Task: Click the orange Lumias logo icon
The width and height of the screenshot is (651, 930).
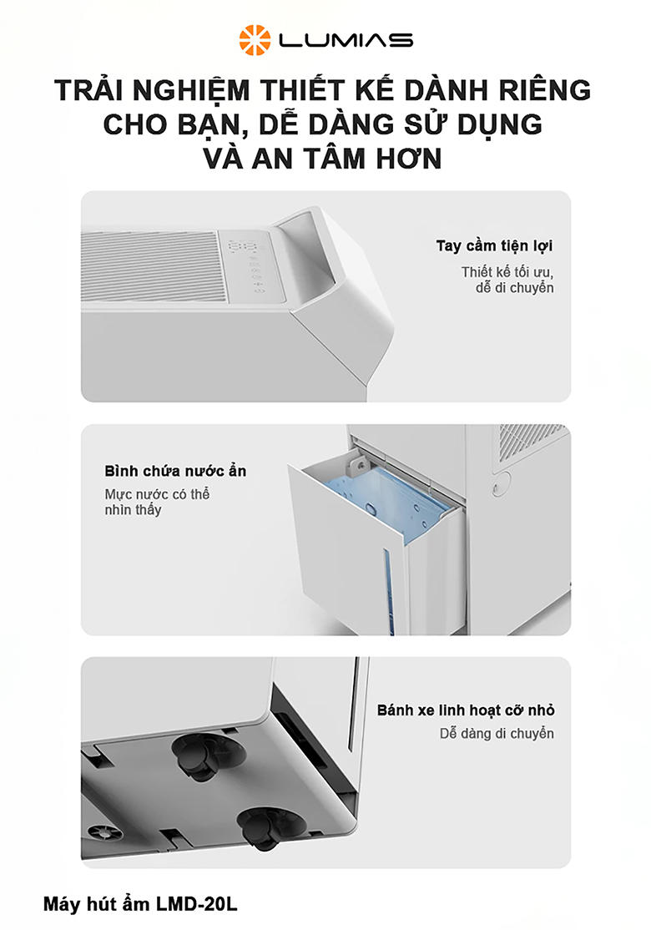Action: click(254, 39)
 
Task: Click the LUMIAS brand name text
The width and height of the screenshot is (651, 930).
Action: click(346, 40)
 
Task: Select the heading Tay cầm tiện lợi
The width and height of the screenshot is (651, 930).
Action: click(494, 245)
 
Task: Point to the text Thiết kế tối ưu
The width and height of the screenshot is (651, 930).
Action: click(507, 272)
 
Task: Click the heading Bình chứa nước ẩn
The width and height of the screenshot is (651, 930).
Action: click(175, 471)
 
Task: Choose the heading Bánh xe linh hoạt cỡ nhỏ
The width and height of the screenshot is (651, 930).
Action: click(466, 710)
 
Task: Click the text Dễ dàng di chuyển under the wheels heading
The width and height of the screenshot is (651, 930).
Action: click(497, 734)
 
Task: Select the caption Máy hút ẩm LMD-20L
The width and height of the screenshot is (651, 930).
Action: click(146, 904)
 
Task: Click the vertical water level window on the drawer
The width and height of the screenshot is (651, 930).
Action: click(387, 581)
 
